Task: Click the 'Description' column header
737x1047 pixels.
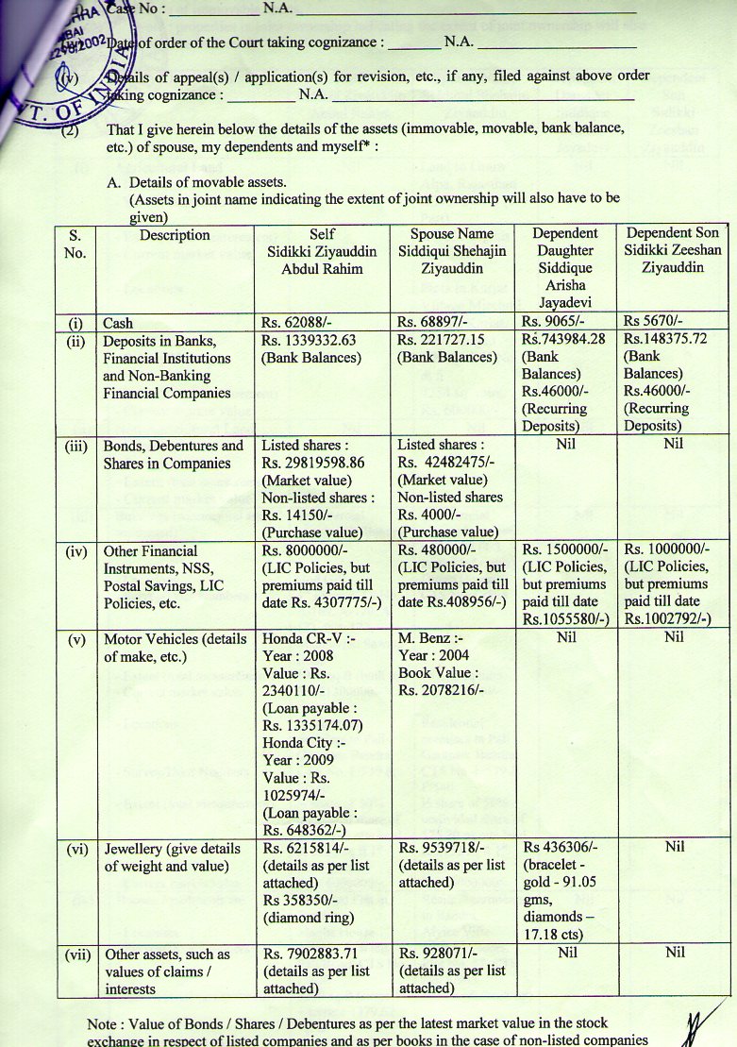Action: (175, 235)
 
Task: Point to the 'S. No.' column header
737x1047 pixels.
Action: (76, 243)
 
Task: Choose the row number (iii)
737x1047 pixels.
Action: (76, 446)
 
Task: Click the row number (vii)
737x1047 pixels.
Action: (76, 954)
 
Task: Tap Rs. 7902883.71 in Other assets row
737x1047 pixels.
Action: (315, 954)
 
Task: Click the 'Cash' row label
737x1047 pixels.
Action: (118, 323)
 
